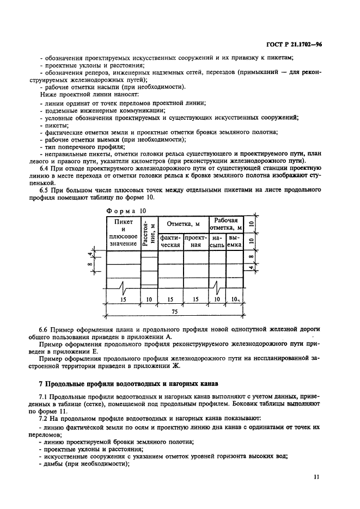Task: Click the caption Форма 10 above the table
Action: [x=126, y=210]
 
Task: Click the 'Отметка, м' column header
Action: [x=182, y=224]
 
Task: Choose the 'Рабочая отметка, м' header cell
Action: [x=225, y=224]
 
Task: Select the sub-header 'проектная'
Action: [x=195, y=241]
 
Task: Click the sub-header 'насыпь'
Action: [x=217, y=241]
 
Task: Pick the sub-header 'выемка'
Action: [x=234, y=241]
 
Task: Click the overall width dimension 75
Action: [x=174, y=312]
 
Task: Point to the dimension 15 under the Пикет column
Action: [x=123, y=299]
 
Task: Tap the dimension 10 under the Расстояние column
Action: [x=149, y=299]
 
